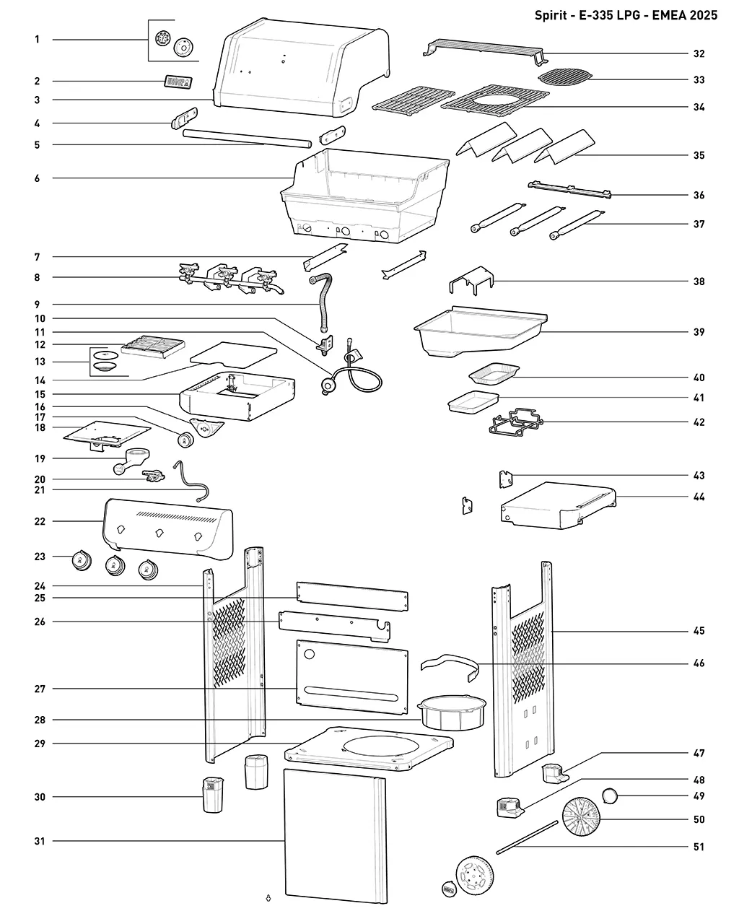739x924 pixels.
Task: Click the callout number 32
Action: click(699, 53)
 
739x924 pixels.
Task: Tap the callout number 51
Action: click(699, 847)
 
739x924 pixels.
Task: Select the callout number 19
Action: click(40, 458)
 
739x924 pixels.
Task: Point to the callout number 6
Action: click(38, 178)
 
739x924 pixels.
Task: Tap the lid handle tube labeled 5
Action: click(247, 139)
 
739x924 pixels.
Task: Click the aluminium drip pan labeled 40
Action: click(494, 373)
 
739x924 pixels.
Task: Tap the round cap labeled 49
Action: click(610, 796)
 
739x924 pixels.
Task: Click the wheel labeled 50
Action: click(581, 816)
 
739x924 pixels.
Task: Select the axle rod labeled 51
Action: click(528, 837)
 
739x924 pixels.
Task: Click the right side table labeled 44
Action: click(559, 505)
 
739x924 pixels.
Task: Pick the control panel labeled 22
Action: click(168, 529)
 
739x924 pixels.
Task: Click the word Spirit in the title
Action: click(551, 15)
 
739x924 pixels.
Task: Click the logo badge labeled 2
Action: click(178, 82)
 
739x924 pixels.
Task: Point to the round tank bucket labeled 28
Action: click(452, 712)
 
